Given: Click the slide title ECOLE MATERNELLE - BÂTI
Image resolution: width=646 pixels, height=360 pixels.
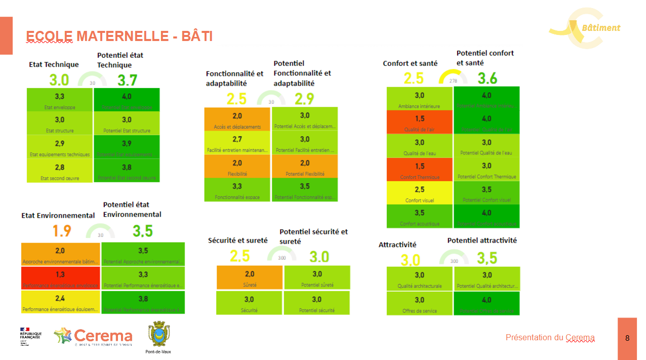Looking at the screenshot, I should pyautogui.click(x=119, y=36).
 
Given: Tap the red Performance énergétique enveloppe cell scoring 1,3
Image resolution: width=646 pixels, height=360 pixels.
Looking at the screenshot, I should pyautogui.click(x=60, y=278).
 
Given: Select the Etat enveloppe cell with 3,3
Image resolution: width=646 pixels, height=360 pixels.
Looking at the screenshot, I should pyautogui.click(x=59, y=100).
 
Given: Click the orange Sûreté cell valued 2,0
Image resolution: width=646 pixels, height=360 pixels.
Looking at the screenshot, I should pyautogui.click(x=249, y=277).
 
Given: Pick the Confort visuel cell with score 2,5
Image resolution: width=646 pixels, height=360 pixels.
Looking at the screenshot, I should pyautogui.click(x=419, y=193).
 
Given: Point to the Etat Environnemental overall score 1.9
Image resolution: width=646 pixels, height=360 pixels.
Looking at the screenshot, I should pyautogui.click(x=62, y=231).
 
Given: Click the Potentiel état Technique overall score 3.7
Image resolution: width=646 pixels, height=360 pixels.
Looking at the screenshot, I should pyautogui.click(x=127, y=80).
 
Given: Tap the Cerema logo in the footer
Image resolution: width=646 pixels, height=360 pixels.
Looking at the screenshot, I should pyautogui.click(x=93, y=337).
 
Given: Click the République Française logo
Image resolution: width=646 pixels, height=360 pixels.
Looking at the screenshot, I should pyautogui.click(x=30, y=336).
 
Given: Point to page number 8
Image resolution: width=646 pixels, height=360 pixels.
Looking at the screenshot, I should pyautogui.click(x=627, y=338).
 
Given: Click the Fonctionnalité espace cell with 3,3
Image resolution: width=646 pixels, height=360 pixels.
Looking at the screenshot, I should pyautogui.click(x=237, y=190).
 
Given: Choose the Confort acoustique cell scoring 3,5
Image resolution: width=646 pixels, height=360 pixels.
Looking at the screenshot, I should pyautogui.click(x=419, y=216).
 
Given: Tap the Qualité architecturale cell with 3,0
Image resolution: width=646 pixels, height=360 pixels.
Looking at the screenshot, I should pyautogui.click(x=419, y=279).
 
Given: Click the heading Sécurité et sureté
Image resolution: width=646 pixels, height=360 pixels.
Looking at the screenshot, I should pyautogui.click(x=237, y=241).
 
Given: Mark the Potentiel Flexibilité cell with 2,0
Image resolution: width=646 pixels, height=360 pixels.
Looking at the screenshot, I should pyautogui.click(x=305, y=167).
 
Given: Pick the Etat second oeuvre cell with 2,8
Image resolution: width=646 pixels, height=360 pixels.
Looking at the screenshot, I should pyautogui.click(x=59, y=171).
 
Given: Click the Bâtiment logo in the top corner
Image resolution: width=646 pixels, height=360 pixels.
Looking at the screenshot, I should pyautogui.click(x=585, y=28).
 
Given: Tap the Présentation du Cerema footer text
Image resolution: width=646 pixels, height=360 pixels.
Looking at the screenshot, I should pyautogui.click(x=550, y=338).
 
